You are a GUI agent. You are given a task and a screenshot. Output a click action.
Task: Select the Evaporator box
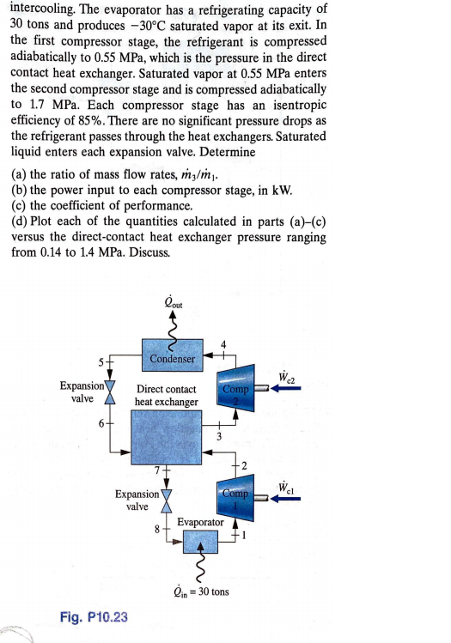[x=201, y=541]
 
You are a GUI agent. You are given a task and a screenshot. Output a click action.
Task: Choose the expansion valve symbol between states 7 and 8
[x=166, y=501]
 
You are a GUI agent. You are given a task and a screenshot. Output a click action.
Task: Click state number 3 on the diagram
[x=219, y=437]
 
